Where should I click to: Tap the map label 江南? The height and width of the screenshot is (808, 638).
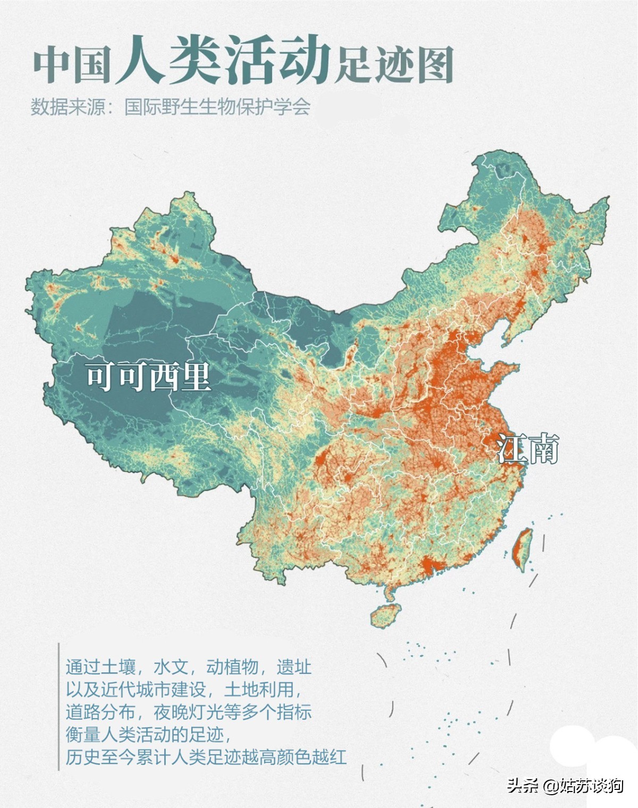point(528,449)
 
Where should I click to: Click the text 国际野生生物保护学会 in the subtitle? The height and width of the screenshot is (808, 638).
point(217,107)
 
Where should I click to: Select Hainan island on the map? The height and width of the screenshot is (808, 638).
point(385,615)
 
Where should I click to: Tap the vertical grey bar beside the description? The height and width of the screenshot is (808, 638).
point(58,706)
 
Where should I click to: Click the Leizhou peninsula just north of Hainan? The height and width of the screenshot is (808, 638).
point(391,590)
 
